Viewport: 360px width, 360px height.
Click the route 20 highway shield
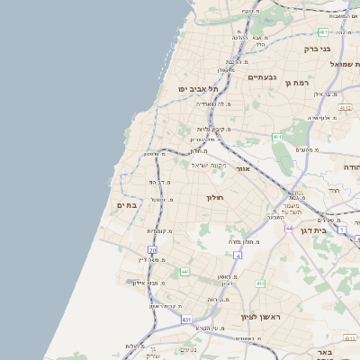[153, 250]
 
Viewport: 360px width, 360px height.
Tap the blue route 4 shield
[238, 255]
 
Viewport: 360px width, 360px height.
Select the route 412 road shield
[259, 283]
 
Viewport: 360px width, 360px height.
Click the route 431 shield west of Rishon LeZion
[186, 319]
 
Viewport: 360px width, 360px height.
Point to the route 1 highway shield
[342, 229]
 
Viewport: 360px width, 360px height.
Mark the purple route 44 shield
[289, 229]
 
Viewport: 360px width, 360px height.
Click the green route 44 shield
[184, 271]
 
